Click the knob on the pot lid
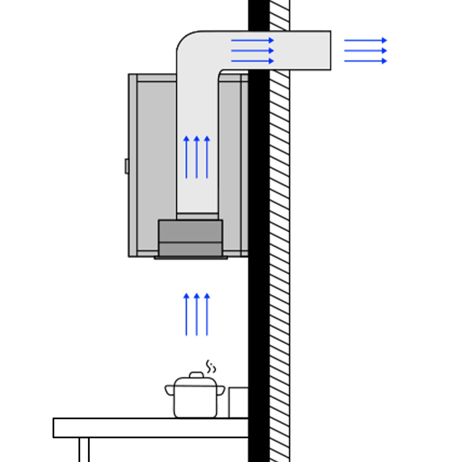[197, 375]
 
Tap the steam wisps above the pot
[211, 367]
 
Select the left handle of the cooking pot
[169, 390]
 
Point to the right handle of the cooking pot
[221, 390]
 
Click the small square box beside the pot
[238, 402]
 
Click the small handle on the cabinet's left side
[127, 166]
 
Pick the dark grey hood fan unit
[190, 238]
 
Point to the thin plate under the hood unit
[191, 258]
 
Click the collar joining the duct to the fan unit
[197, 216]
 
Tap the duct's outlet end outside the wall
[320, 51]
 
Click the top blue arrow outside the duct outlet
[365, 40]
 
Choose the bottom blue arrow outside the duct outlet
[365, 61]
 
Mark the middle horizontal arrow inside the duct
[252, 51]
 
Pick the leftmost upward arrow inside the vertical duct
[186, 157]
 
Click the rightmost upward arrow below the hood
[207, 314]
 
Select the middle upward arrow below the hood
[197, 314]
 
